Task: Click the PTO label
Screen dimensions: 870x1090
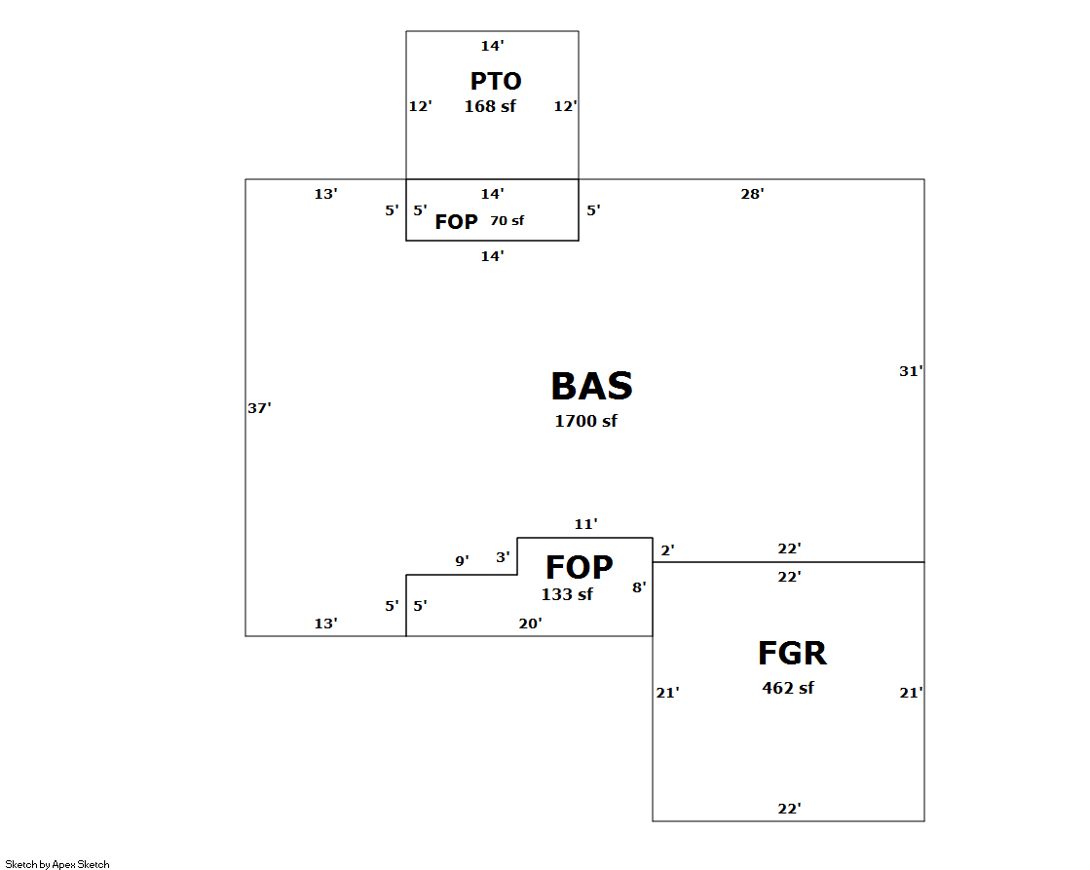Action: pos(496,82)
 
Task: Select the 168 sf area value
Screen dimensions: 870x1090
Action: pos(490,106)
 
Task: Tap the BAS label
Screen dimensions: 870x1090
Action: pos(591,387)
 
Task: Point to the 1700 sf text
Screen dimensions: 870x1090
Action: pos(585,421)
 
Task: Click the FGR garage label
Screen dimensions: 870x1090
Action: pos(792,654)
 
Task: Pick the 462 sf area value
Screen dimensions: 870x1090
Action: pos(787,688)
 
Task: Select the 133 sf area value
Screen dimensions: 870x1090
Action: pos(567,594)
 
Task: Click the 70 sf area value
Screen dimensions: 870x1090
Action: pos(507,221)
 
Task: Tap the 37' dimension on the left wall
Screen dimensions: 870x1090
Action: pos(258,408)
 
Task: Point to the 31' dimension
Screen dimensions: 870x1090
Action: pos(910,370)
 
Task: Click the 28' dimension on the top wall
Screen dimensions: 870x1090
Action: pos(752,194)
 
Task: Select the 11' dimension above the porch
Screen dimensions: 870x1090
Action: pos(584,524)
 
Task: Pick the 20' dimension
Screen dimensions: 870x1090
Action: pos(530,624)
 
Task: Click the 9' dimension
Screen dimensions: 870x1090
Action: pos(462,561)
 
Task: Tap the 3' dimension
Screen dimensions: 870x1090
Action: pos(503,557)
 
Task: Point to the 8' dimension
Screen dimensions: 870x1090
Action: pos(639,586)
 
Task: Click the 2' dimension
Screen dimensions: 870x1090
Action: pos(667,551)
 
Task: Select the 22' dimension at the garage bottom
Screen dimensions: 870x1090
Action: pos(789,809)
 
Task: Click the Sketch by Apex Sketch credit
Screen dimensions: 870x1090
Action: pos(57,864)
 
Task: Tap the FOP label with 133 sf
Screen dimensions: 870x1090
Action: pos(579,568)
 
